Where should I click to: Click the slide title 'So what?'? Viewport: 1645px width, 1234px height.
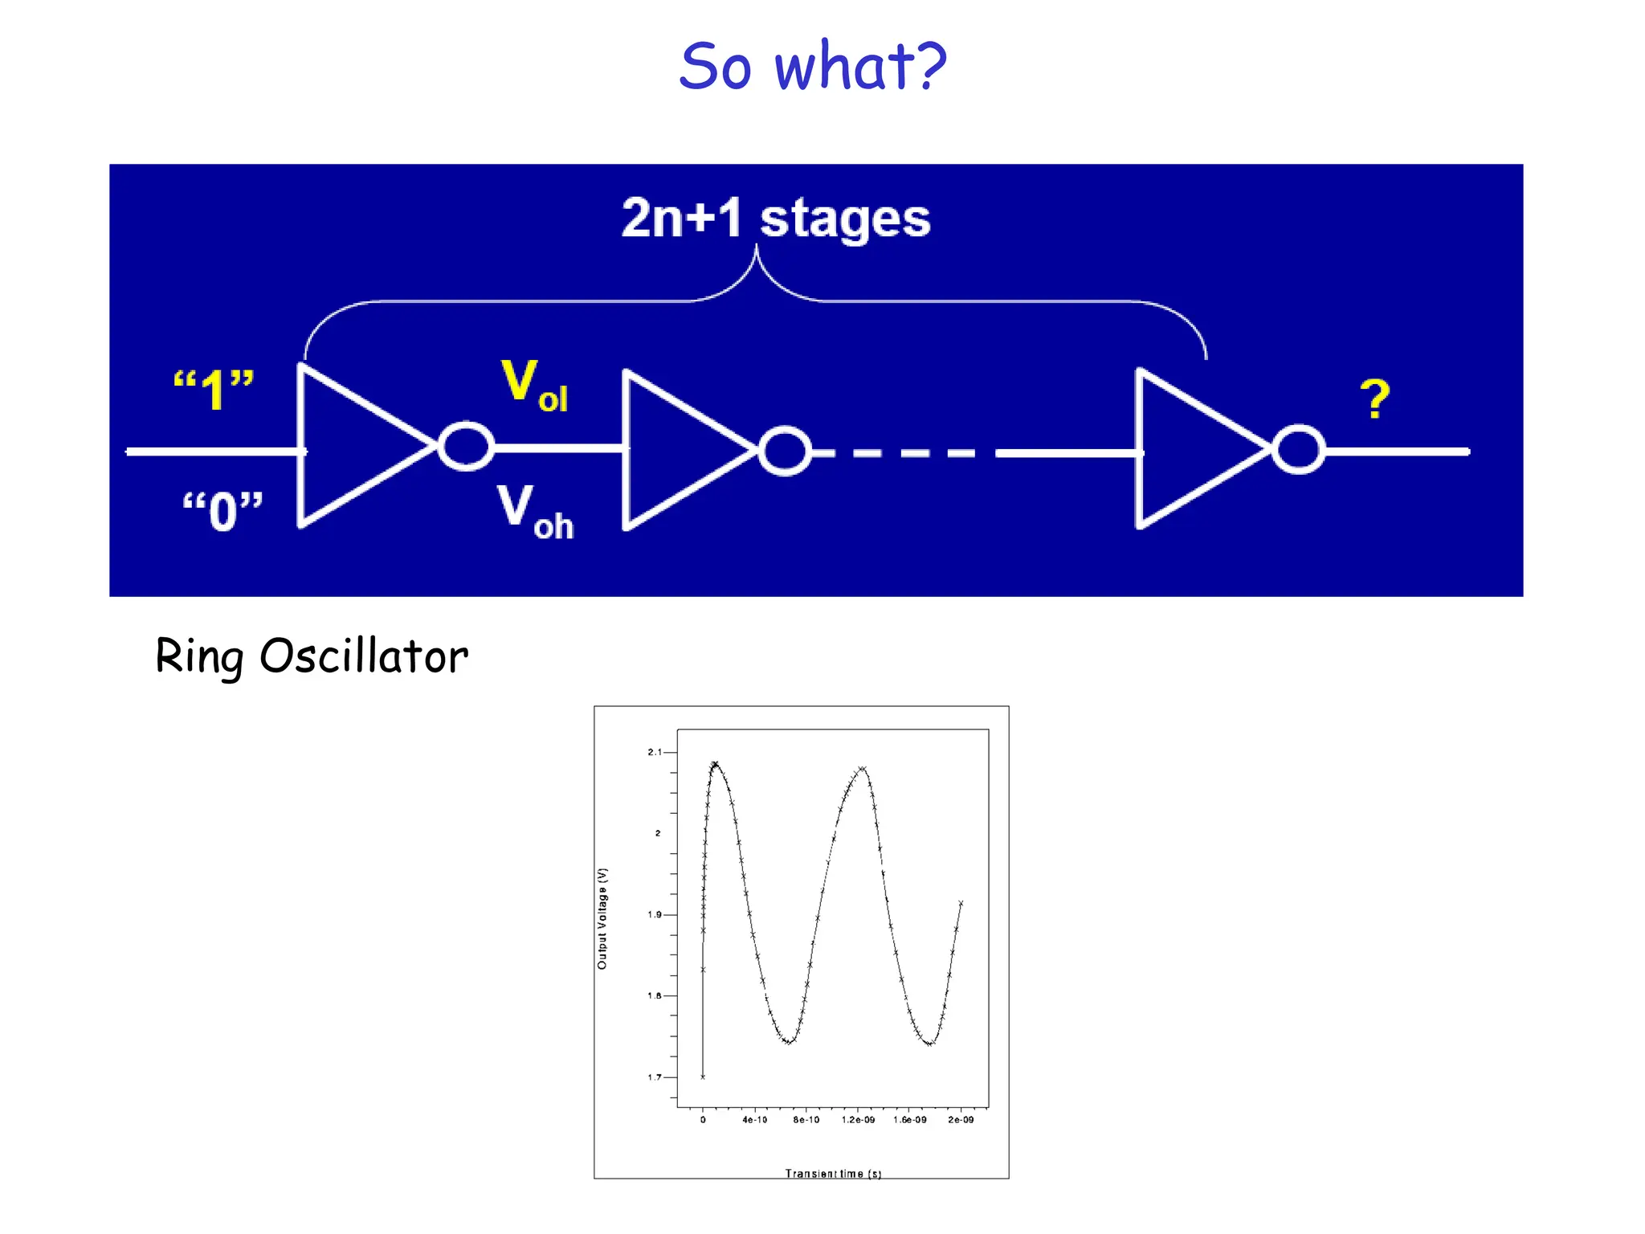point(813,66)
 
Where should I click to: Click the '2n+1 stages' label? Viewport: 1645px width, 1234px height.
point(776,219)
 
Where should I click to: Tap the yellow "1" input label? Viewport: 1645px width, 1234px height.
point(214,390)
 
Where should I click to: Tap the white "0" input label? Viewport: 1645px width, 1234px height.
point(222,511)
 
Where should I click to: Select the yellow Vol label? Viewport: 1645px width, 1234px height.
point(533,386)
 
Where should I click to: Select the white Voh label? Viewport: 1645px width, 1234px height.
point(533,511)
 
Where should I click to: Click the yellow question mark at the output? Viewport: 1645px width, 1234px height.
point(1374,399)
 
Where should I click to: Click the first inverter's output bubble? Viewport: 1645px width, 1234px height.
point(466,446)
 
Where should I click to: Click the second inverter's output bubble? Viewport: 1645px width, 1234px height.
point(785,451)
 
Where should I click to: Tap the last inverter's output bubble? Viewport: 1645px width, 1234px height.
point(1298,450)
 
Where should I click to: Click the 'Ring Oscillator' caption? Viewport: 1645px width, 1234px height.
point(312,656)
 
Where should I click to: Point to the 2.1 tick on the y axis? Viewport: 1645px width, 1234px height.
point(656,752)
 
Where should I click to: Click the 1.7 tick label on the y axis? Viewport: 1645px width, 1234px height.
point(654,1077)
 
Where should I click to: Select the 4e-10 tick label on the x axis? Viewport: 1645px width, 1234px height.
point(754,1120)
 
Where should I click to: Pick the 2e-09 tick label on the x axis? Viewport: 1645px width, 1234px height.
point(961,1120)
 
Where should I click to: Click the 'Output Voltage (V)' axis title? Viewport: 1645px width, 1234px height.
point(602,918)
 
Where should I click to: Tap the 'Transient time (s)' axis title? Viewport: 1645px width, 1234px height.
point(833,1174)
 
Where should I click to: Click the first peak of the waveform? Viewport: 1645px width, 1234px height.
point(715,764)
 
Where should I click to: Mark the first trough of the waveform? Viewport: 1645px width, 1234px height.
point(789,1042)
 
